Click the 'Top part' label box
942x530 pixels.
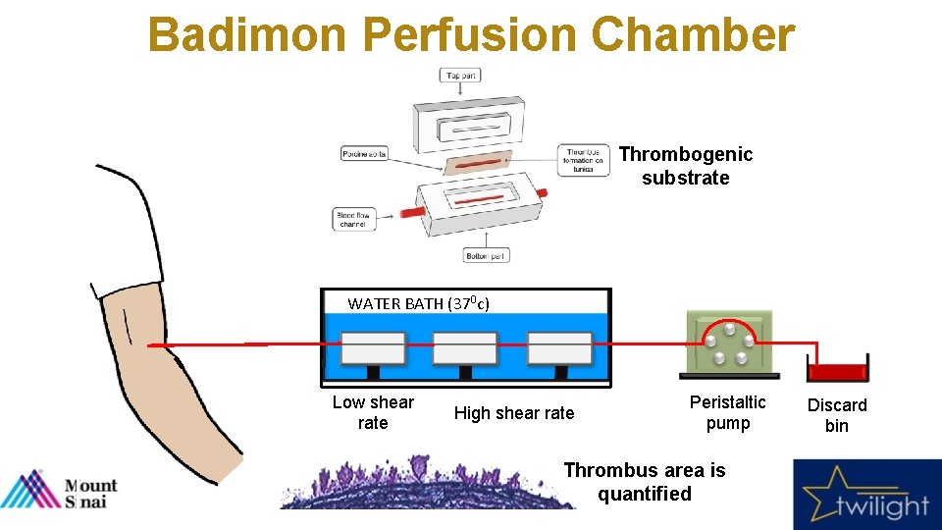point(462,76)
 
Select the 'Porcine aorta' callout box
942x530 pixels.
point(364,154)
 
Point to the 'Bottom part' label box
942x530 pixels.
point(487,255)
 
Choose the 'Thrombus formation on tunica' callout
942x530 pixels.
point(583,160)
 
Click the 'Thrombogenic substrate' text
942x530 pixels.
point(686,166)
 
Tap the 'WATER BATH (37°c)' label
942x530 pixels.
point(418,303)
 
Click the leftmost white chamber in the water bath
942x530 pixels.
point(373,348)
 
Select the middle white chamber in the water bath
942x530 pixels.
point(466,348)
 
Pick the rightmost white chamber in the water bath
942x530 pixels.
point(559,348)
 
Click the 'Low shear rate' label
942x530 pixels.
point(373,412)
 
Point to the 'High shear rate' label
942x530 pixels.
point(514,413)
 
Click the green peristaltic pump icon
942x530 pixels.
point(728,344)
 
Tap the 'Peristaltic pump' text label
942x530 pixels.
point(728,412)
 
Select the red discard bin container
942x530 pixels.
point(837,370)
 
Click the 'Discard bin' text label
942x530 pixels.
point(837,415)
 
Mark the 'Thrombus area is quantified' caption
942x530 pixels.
point(645,482)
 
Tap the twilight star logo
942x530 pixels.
point(864,496)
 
